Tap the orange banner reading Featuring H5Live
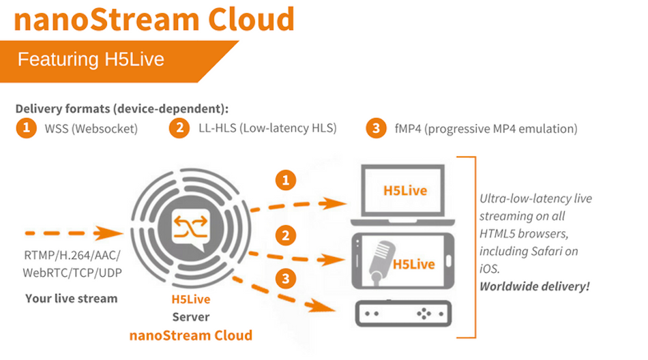[x=91, y=59]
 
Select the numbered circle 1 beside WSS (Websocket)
[x=26, y=128]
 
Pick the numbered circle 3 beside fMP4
[x=376, y=128]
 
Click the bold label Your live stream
[x=71, y=298]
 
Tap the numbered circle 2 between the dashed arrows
[x=284, y=237]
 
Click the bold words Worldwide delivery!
[x=534, y=286]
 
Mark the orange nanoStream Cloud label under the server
[x=191, y=335]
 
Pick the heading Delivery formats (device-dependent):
[x=121, y=108]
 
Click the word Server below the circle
[x=190, y=317]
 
